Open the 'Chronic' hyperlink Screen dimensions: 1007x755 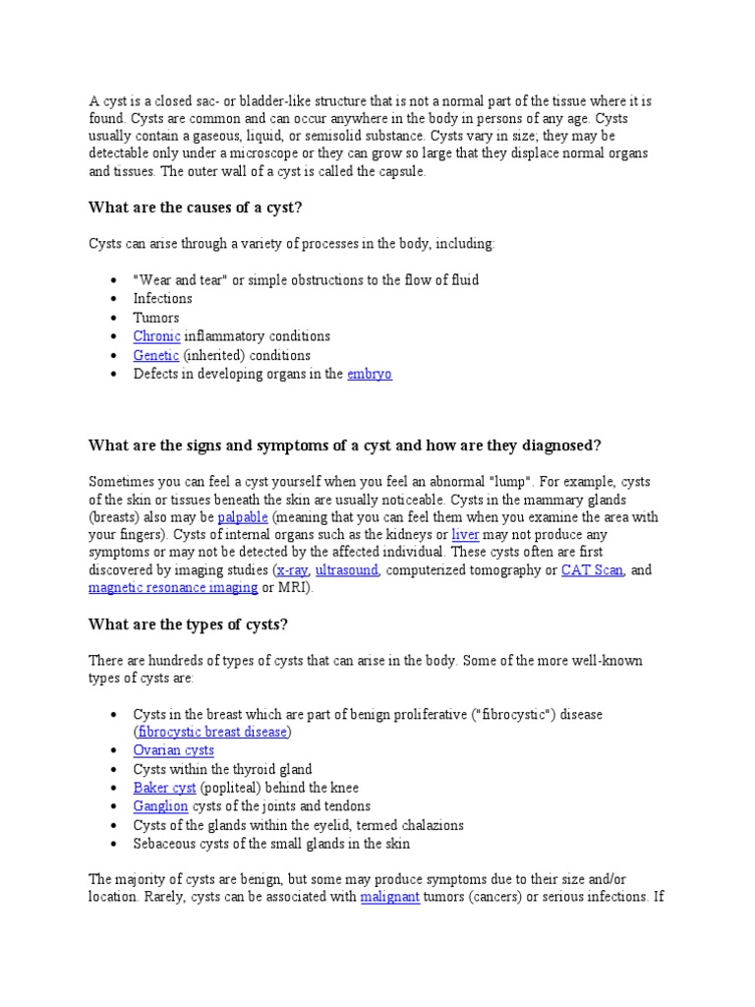(157, 336)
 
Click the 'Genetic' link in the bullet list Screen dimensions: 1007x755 (156, 355)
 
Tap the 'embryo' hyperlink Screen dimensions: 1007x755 (370, 374)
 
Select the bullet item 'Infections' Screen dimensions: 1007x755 (163, 298)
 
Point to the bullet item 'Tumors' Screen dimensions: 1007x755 (156, 318)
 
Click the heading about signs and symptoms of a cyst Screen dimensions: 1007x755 (344, 445)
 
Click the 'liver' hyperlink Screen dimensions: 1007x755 (465, 535)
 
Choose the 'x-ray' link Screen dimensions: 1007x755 (292, 570)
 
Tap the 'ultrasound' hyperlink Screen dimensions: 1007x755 (347, 570)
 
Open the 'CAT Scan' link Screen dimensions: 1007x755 (592, 570)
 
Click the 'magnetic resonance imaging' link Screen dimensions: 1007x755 (173, 588)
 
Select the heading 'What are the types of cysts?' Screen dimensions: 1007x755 (188, 623)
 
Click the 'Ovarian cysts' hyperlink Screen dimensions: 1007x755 (174, 750)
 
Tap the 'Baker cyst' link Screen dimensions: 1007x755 (165, 788)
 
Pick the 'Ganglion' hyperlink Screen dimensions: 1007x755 (160, 806)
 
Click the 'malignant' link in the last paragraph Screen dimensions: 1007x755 (390, 897)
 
